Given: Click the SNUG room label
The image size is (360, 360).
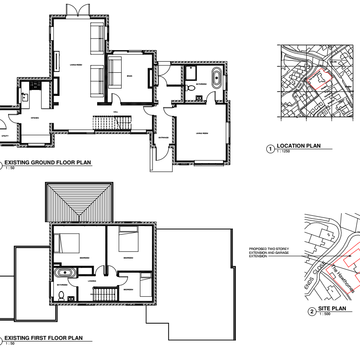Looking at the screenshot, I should pyautogui.click(x=130, y=76).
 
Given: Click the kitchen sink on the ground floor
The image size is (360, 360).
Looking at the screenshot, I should pyautogui.click(x=25, y=97).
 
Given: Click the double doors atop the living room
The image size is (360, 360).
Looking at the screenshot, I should pyautogui.click(x=77, y=9).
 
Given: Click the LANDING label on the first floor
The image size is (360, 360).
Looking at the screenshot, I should pyautogui.click(x=92, y=281).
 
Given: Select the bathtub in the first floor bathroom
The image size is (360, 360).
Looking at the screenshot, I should pyautogui.click(x=65, y=272).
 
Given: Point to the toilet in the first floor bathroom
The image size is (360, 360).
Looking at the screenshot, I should pyautogui.click(x=61, y=295).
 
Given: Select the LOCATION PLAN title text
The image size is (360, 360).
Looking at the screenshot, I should pyautogui.click(x=298, y=146).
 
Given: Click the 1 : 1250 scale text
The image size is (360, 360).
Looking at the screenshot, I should pyautogui.click(x=283, y=151).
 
